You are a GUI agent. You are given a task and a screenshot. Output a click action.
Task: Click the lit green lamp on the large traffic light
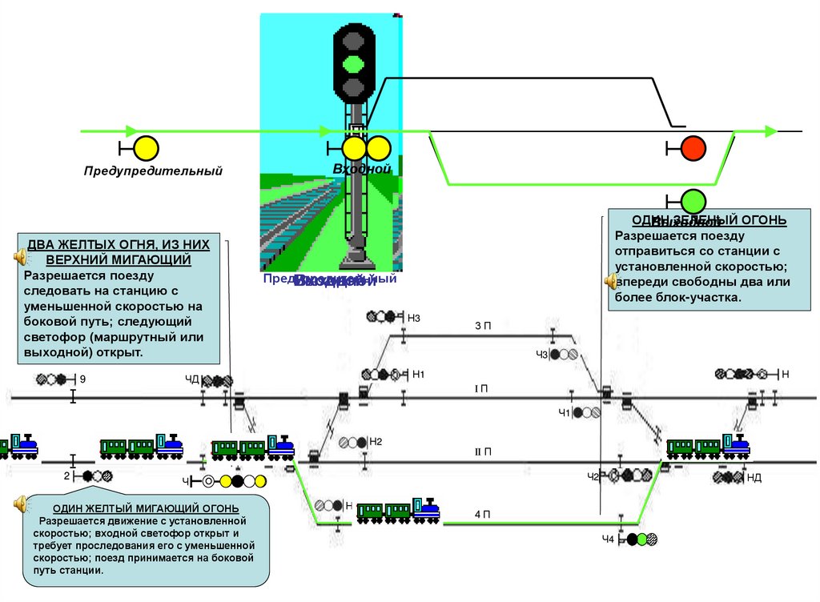(353, 62)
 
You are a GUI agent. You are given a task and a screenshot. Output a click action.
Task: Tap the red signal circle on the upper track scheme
(693, 148)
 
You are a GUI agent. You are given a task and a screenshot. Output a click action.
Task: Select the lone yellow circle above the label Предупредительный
(146, 148)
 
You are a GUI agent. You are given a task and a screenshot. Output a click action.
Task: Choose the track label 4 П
(482, 514)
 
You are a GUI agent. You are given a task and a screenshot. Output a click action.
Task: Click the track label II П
(482, 452)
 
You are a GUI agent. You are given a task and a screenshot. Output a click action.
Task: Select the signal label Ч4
(609, 540)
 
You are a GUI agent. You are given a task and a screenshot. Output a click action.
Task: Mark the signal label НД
(754, 477)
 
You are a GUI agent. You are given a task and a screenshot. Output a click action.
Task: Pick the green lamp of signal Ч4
(632, 540)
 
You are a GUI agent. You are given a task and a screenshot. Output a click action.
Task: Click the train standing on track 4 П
(398, 510)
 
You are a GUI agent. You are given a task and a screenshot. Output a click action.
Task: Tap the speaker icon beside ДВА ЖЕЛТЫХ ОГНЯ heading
(20, 257)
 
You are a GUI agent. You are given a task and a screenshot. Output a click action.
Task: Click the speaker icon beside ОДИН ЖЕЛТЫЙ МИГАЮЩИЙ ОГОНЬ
(20, 504)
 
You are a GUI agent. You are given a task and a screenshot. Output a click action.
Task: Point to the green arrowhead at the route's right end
(770, 131)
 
